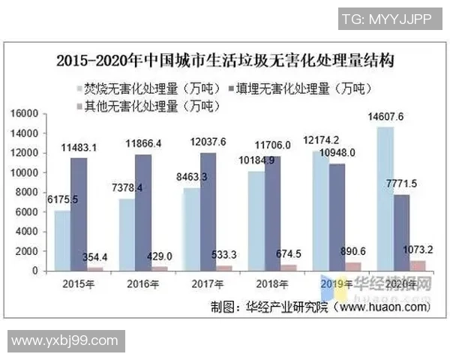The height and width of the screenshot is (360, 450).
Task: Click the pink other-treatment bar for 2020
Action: [x=418, y=265]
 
